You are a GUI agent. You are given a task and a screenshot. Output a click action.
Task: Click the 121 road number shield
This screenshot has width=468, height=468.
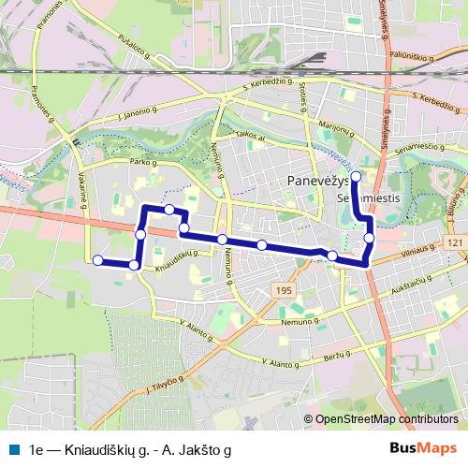click(x=455, y=243)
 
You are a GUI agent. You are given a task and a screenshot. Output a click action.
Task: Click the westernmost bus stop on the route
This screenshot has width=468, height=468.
click(x=98, y=260)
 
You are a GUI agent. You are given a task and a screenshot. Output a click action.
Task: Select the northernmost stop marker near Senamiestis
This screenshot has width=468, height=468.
click(x=356, y=174)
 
